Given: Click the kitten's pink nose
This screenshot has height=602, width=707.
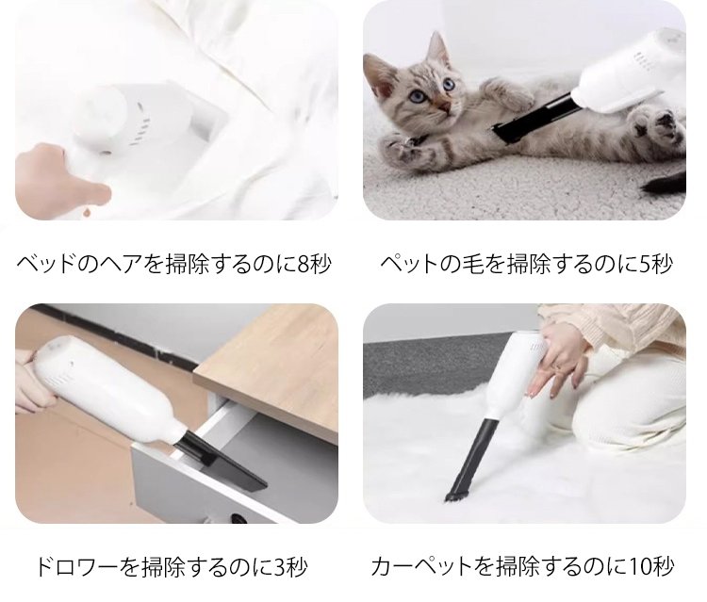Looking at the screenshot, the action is tap(445, 106).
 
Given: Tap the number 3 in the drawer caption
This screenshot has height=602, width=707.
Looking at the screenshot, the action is tap(281, 567).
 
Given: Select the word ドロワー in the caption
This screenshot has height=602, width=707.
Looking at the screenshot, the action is tap(76, 567).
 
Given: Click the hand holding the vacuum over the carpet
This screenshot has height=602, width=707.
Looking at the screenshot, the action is tap(555, 360).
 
